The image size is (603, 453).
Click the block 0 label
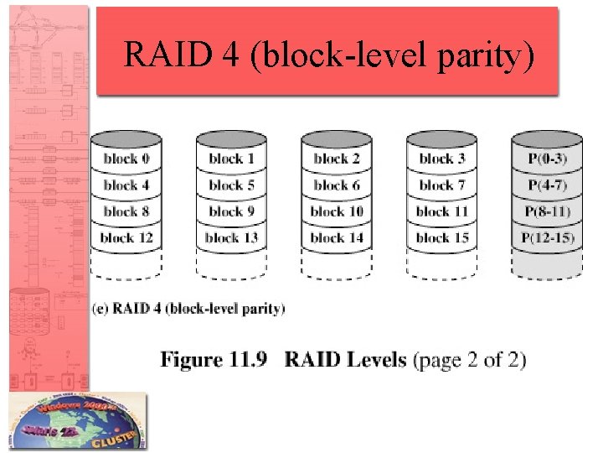coord(126,159)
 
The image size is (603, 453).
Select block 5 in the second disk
coord(231,185)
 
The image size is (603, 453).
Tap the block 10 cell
coord(337,211)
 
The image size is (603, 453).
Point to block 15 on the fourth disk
coord(442,238)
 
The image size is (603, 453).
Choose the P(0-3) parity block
coord(548,159)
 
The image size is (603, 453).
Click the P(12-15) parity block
coord(548,238)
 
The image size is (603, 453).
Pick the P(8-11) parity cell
coord(548,211)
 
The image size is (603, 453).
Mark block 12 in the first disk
coord(126,238)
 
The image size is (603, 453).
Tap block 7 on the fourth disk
coord(442,185)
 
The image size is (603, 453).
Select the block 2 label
coord(337,159)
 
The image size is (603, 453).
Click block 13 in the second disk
coord(231,238)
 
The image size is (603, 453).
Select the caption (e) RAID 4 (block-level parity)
coord(188,309)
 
